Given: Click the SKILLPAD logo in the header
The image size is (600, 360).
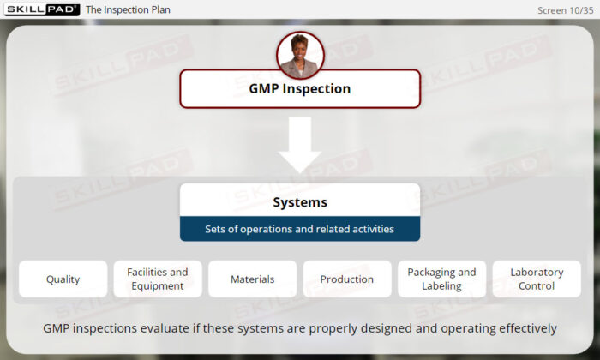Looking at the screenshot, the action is [42, 9].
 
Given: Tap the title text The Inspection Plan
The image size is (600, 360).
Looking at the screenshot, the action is [128, 9].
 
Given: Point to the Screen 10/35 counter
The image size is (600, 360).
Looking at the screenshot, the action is [565, 10].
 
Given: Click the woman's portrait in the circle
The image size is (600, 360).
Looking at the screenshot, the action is [300, 56].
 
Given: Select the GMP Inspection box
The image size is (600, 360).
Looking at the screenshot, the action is [300, 89].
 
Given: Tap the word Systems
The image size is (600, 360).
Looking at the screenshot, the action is [300, 202].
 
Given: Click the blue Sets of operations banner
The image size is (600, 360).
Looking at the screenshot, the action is [300, 229].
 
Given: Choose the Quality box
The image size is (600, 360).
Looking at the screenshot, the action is [63, 279].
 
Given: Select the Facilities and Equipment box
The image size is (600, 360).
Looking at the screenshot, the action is [158, 279].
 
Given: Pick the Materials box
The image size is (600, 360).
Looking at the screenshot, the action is [253, 279].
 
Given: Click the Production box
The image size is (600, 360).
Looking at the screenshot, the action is [347, 279].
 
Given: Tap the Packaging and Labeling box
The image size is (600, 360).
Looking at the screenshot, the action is [442, 279].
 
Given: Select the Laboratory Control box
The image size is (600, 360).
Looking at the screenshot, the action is [537, 279].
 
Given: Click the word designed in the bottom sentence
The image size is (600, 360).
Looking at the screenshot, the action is [386, 328].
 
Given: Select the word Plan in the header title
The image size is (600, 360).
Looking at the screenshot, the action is [161, 9].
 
